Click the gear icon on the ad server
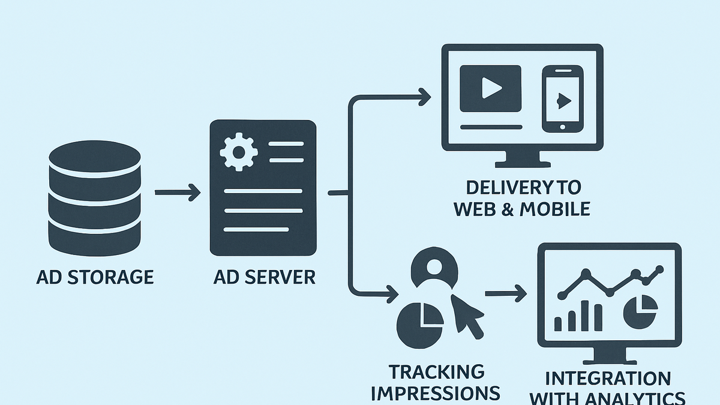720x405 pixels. point(239,152)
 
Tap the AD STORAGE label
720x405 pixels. point(95,277)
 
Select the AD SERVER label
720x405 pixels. point(264,277)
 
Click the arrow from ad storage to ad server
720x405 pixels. point(178,193)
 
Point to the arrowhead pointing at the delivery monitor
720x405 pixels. point(425,97)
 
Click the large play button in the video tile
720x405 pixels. point(491,88)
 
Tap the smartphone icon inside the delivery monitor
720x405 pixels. point(563,99)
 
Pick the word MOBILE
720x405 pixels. point(555,209)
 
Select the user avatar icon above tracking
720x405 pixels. point(434,268)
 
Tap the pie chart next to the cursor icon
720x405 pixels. point(420,325)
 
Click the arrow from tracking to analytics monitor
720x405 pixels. point(506,293)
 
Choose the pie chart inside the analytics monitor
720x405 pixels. point(640,312)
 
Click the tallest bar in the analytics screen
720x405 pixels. point(584,316)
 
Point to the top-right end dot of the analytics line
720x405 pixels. point(659,269)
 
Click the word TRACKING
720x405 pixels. point(437,372)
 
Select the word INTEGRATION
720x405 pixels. point(608,379)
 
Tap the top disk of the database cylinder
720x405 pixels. point(95,157)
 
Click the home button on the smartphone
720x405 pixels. point(563,127)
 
